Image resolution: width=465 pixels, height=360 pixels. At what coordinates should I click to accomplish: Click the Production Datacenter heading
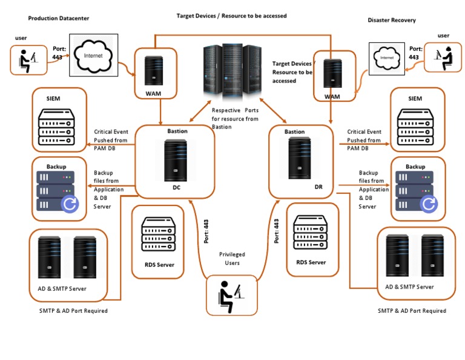[x=58, y=18]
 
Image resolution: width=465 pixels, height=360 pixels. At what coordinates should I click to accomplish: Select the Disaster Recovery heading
[x=391, y=20]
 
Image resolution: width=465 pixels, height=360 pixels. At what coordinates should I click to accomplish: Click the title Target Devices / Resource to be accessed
[x=231, y=15]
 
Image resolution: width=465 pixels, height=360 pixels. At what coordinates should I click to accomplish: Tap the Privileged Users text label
[x=232, y=259]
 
